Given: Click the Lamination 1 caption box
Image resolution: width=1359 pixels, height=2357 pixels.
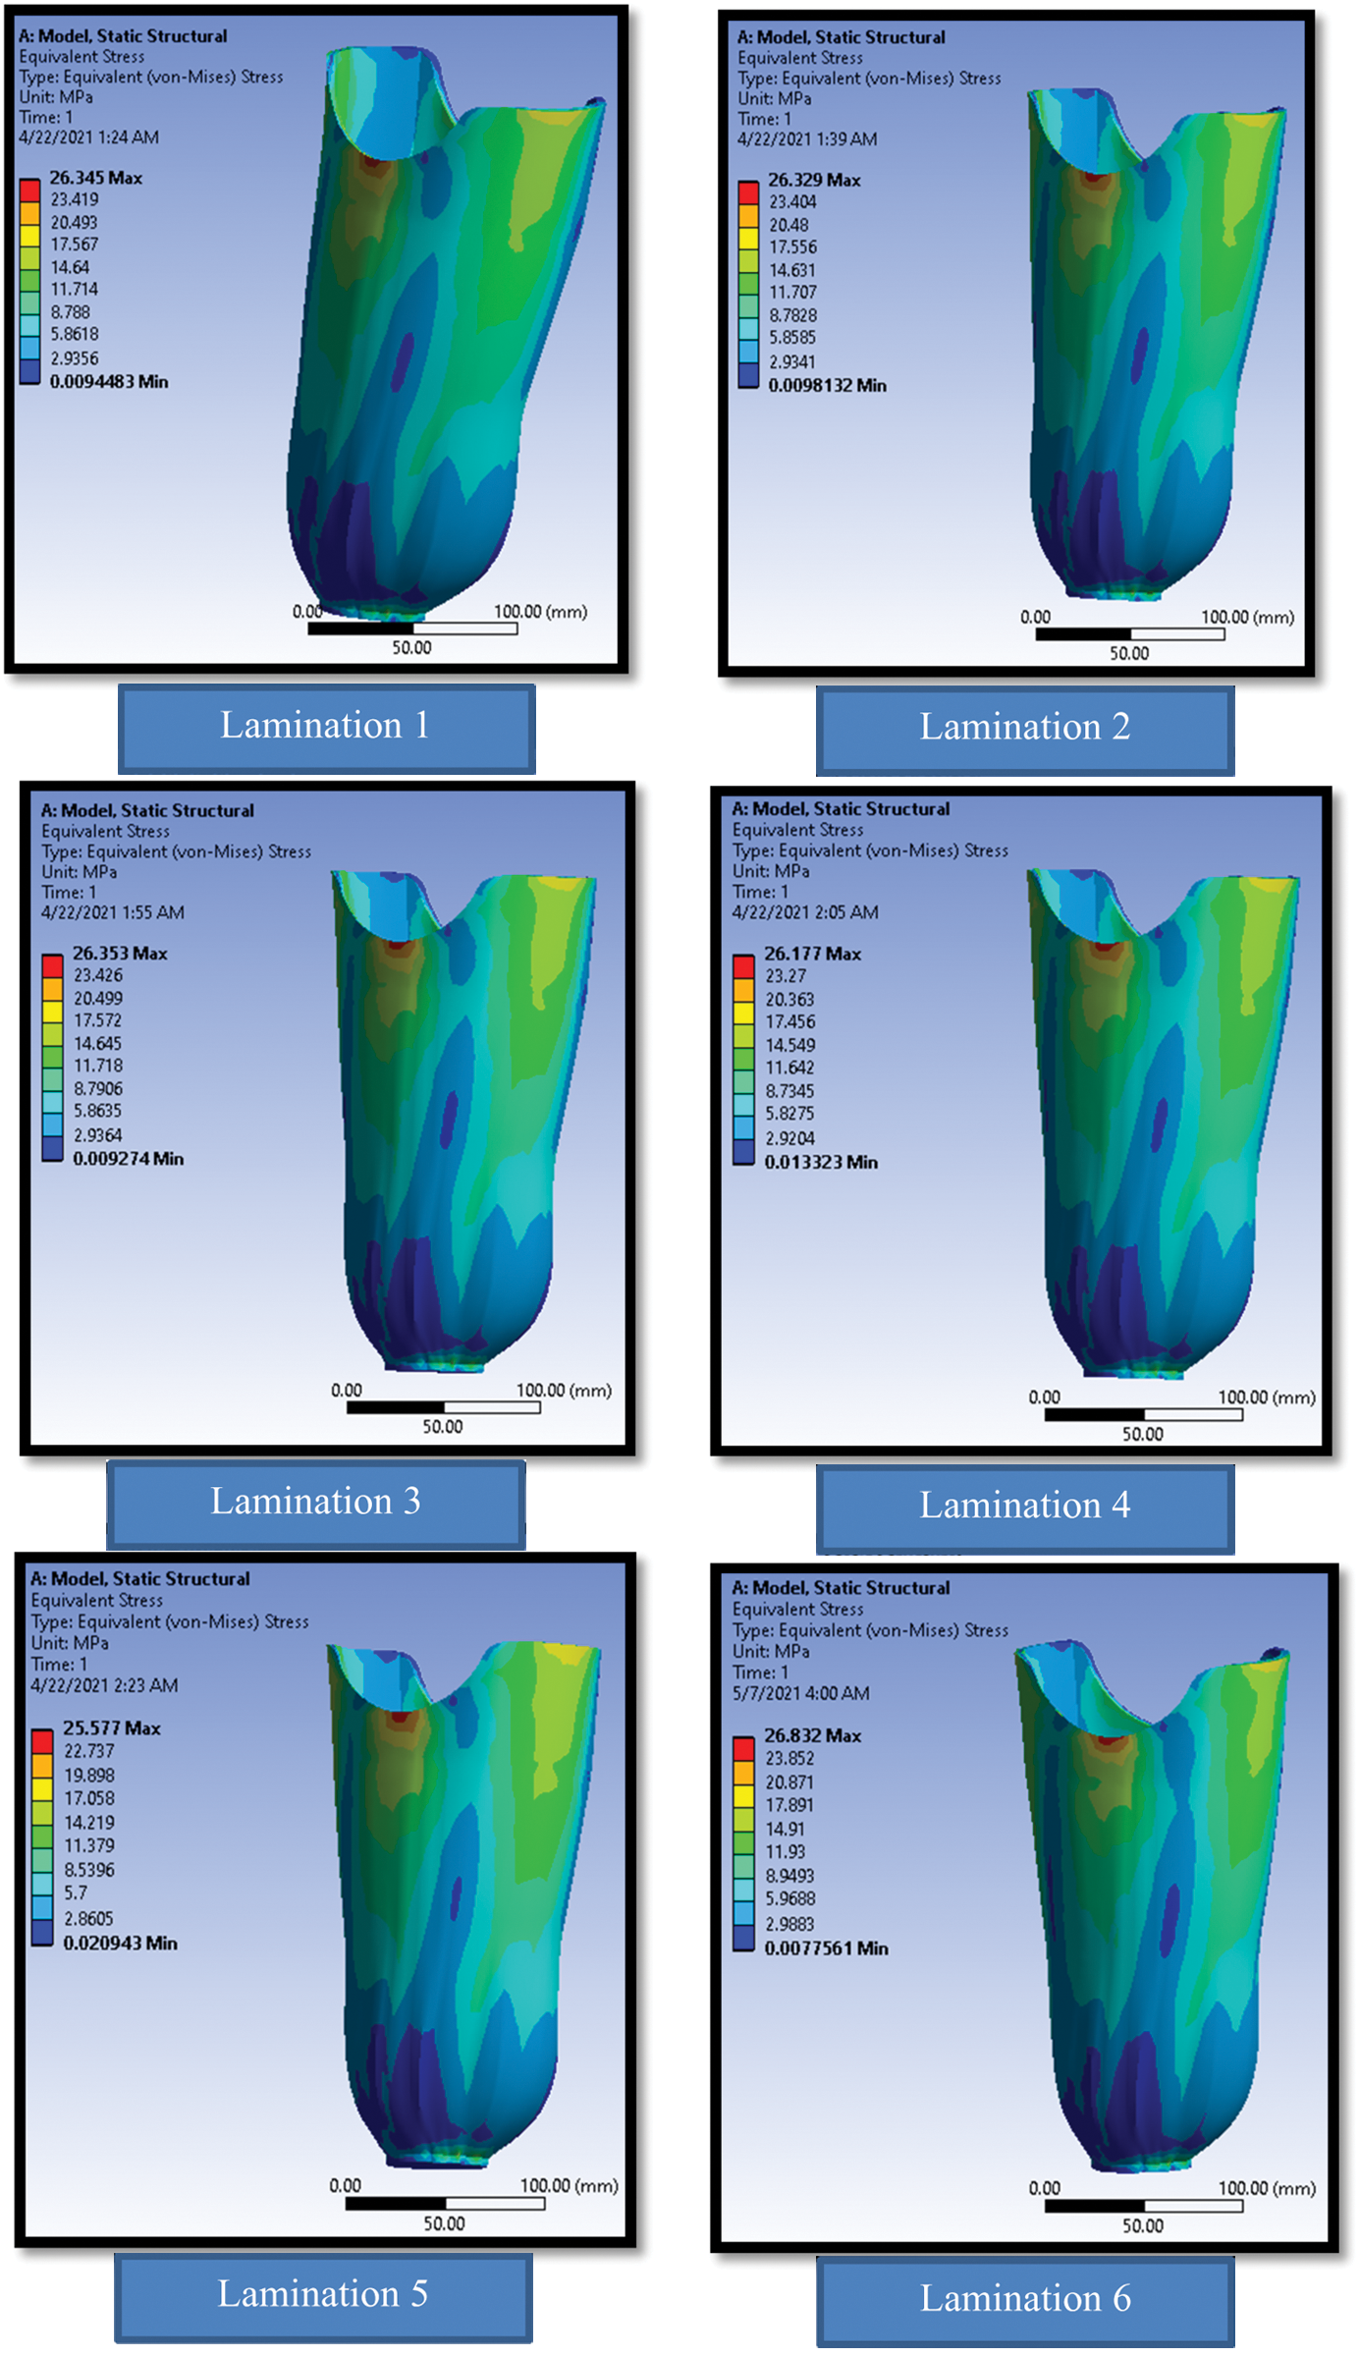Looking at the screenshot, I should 326,728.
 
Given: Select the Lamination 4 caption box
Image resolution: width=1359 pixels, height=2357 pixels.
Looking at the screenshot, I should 1024,1507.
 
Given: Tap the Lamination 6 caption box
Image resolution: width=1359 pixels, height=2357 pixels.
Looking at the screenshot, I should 1024,2301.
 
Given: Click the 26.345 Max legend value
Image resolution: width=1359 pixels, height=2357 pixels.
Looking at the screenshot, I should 95,178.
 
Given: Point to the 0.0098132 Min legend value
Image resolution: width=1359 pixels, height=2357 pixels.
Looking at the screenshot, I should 827,386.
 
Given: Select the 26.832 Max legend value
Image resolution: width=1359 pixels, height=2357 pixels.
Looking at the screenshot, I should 812,1736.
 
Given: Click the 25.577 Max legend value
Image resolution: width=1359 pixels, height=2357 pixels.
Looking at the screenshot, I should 111,1728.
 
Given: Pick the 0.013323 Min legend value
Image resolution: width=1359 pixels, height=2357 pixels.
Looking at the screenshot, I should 820,1163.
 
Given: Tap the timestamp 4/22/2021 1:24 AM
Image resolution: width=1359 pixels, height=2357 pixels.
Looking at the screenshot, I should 88,137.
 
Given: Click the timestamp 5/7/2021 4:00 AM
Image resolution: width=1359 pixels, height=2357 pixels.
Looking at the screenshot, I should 800,1694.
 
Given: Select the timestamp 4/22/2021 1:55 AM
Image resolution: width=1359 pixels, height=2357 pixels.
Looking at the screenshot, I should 112,912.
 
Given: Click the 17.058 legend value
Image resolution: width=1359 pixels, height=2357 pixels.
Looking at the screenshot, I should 89,1799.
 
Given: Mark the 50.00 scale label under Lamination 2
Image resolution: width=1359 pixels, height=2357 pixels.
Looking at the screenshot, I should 1128,654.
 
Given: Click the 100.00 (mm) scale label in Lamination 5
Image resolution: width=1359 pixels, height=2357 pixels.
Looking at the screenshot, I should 569,2186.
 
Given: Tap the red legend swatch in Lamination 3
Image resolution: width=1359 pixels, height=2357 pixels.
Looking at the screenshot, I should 52,964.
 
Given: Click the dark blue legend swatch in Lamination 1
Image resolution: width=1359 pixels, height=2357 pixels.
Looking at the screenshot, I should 29,371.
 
